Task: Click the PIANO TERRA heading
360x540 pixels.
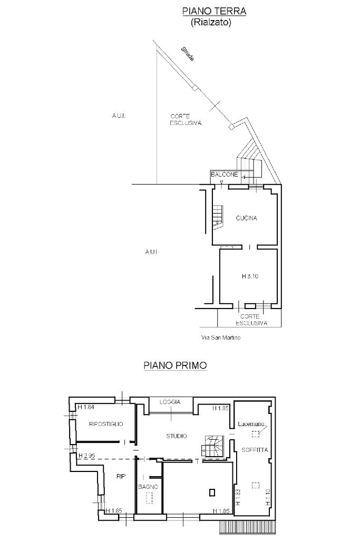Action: pyautogui.click(x=214, y=11)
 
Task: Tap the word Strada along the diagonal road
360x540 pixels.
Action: pyautogui.click(x=188, y=54)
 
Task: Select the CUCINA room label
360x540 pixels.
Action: pyautogui.click(x=247, y=218)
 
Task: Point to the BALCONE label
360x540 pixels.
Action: pyautogui.click(x=225, y=175)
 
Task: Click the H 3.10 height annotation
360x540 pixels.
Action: pyautogui.click(x=250, y=276)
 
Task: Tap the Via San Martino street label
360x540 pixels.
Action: pyautogui.click(x=221, y=337)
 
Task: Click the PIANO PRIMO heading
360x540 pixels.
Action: pyautogui.click(x=175, y=365)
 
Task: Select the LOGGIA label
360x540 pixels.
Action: pyautogui.click(x=170, y=402)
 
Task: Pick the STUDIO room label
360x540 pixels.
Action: pyautogui.click(x=177, y=436)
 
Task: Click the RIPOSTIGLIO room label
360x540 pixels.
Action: pyautogui.click(x=106, y=424)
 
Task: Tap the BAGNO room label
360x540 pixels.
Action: pyautogui.click(x=148, y=487)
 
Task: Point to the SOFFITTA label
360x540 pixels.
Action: pyautogui.click(x=255, y=450)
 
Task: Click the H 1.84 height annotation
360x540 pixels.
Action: pyautogui.click(x=86, y=407)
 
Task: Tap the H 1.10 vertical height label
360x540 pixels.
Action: pyautogui.click(x=268, y=498)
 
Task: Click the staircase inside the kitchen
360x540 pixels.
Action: pyautogui.click(x=218, y=216)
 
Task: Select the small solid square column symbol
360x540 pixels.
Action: pyautogui.click(x=212, y=493)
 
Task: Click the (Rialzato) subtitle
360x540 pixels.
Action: pyautogui.click(x=211, y=23)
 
